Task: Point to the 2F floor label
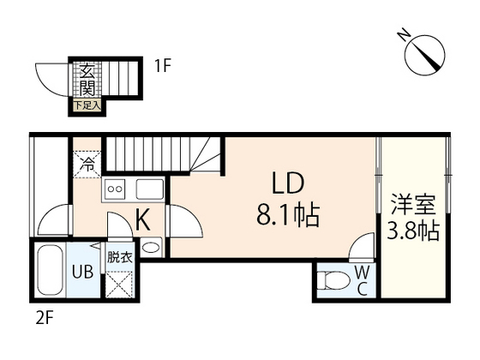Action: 45,318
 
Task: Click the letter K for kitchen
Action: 143,220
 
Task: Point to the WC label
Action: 362,280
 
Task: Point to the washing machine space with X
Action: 120,282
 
